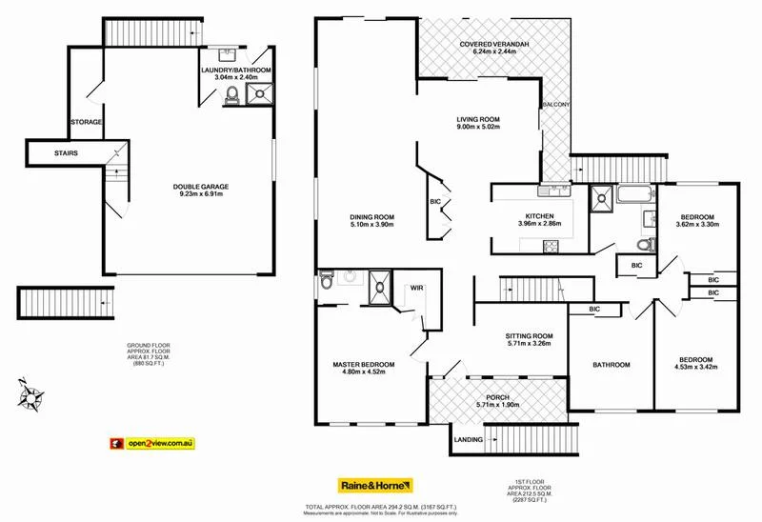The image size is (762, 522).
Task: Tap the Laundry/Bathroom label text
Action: pos(235,70)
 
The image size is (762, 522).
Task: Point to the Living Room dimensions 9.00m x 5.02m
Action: pos(490,130)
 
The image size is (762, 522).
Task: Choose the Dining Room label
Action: pos(371,217)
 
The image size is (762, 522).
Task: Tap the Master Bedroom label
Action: pos(364,364)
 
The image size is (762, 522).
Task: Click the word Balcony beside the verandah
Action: pos(556,105)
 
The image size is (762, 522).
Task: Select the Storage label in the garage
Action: pos(87,122)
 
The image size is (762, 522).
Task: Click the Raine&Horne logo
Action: pos(371,484)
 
